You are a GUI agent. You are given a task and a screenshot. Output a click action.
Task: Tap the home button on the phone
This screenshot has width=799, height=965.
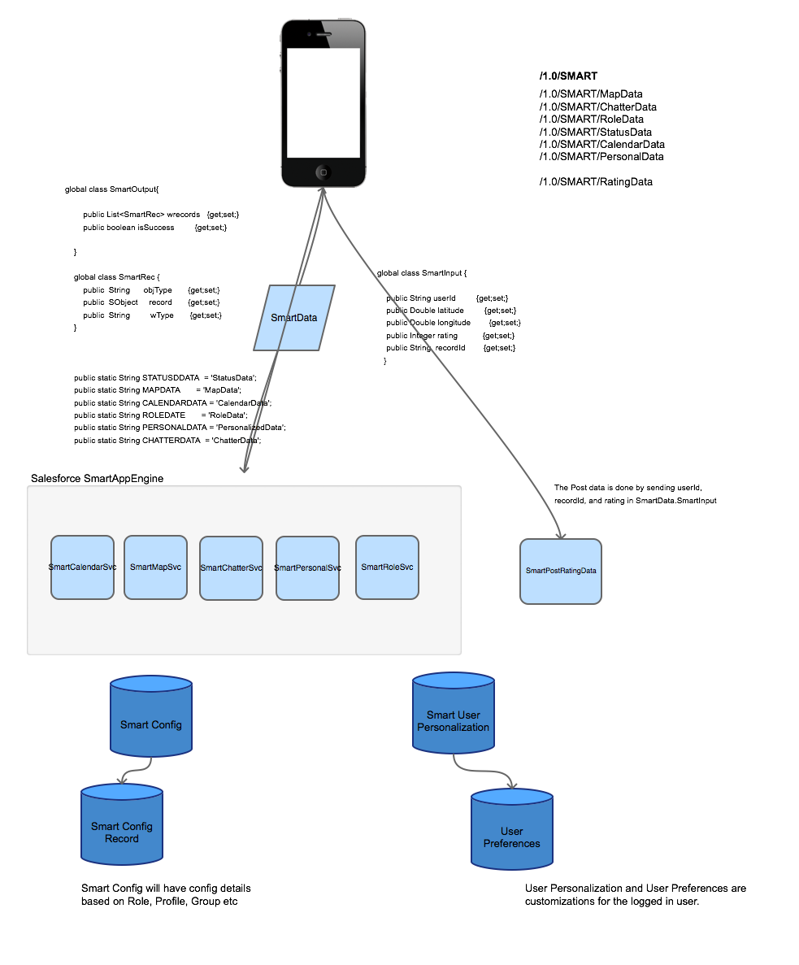(323, 172)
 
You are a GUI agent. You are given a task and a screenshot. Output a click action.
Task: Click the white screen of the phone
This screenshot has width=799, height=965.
(323, 102)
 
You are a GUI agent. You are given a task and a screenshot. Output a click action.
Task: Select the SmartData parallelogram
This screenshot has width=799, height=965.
(294, 318)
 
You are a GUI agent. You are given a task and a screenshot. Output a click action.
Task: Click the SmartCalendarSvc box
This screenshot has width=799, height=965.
(82, 567)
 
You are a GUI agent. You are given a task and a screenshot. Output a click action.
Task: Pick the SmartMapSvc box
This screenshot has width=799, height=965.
(155, 567)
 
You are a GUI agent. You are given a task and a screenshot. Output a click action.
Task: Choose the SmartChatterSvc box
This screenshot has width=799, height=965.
(231, 568)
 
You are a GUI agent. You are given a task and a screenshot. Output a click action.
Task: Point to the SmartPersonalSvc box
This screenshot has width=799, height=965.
(307, 568)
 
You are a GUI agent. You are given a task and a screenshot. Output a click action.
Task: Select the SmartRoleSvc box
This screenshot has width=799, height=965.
(387, 567)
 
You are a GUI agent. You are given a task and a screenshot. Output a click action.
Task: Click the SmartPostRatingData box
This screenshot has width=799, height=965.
(561, 572)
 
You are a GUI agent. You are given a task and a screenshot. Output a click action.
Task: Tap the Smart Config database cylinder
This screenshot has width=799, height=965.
(151, 719)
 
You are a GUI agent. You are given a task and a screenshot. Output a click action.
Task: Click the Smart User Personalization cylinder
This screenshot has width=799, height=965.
(454, 715)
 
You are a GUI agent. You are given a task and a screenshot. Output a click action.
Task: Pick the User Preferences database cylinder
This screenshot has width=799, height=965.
(512, 832)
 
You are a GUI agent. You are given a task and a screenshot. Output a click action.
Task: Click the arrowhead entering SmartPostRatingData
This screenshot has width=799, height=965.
(560, 534)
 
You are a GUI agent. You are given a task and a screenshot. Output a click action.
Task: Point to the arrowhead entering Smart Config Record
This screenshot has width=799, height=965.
(122, 780)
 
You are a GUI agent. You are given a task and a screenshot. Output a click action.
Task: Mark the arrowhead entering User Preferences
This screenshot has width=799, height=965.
(512, 785)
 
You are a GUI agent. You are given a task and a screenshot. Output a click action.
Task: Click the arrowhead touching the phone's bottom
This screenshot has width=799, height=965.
(323, 192)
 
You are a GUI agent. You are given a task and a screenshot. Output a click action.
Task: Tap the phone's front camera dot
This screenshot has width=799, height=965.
(309, 34)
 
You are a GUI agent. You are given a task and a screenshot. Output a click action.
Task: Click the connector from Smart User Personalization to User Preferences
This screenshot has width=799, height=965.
(480, 770)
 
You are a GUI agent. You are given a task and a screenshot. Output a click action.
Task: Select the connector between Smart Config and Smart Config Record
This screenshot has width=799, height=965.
(140, 769)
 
